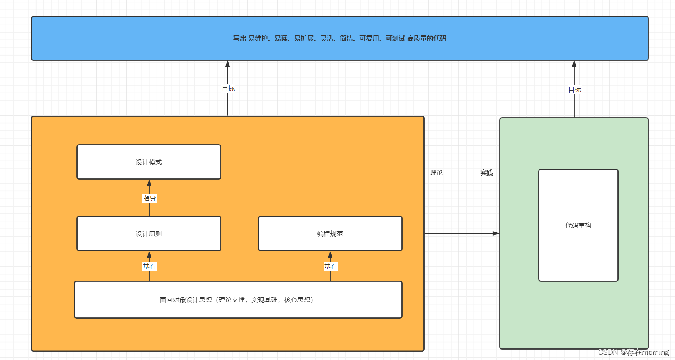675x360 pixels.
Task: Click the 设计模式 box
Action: [x=149, y=162]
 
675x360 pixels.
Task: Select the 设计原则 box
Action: [x=149, y=234]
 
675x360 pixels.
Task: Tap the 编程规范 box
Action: [x=330, y=234]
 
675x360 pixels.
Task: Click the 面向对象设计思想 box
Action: [x=238, y=300]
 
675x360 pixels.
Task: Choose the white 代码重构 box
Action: [x=578, y=225]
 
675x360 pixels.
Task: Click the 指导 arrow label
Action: [x=149, y=198]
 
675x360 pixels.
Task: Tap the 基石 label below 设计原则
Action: [x=149, y=266]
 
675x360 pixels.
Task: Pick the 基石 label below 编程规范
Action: [x=330, y=266]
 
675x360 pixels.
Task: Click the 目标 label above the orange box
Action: [x=228, y=89]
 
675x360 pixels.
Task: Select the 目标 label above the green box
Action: [x=574, y=89]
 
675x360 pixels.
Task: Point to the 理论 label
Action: [x=436, y=172]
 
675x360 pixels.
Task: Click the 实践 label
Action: [x=486, y=172]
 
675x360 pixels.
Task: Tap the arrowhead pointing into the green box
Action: [x=496, y=233]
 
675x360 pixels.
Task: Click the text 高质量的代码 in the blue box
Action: [x=427, y=38]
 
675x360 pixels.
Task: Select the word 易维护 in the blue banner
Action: [x=258, y=38]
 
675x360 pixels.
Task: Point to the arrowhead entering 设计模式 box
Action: [x=149, y=183]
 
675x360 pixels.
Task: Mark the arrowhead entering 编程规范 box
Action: [x=330, y=254]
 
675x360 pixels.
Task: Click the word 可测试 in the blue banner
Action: [x=395, y=38]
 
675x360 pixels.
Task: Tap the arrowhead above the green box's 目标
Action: [x=574, y=64]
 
